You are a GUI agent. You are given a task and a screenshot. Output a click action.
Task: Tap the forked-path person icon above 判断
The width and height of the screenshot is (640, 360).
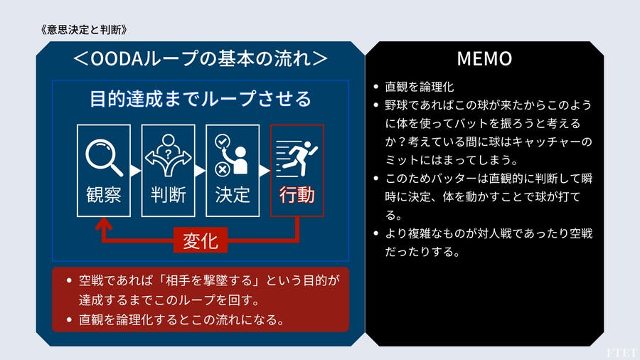[x=168, y=157]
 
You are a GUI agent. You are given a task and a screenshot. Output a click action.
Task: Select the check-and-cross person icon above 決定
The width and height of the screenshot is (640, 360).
[x=232, y=157]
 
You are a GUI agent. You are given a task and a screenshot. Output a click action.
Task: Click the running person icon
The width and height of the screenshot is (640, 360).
[x=297, y=157]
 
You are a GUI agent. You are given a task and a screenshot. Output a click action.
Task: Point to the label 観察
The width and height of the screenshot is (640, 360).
[x=103, y=194]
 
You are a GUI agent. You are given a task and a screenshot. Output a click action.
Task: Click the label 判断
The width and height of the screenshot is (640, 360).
[x=168, y=194]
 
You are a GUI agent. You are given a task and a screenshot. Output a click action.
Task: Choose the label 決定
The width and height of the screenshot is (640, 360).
[x=233, y=194]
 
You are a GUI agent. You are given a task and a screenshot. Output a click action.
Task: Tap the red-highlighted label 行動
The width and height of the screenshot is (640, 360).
[x=297, y=194]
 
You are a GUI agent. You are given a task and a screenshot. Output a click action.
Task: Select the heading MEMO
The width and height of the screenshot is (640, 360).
[x=484, y=58]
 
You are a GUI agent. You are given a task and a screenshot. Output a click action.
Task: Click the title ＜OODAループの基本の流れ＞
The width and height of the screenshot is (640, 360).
[x=200, y=58]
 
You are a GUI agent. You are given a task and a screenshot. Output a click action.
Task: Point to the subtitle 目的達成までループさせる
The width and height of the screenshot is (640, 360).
[x=200, y=98]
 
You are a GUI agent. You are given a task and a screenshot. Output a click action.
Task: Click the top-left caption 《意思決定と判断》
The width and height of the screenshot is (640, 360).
[x=85, y=30]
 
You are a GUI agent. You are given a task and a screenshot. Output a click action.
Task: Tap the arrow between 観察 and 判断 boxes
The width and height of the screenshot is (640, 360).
[x=136, y=171]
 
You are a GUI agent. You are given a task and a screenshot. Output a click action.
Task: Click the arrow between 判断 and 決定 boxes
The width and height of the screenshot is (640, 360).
[x=201, y=171]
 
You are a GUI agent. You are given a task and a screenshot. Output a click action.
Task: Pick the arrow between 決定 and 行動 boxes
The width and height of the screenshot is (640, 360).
[x=265, y=171]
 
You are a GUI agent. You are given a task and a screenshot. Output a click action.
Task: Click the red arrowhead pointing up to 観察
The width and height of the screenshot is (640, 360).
[x=104, y=224]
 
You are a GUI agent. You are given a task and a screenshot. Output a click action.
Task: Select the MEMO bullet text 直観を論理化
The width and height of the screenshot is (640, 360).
[x=419, y=88]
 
